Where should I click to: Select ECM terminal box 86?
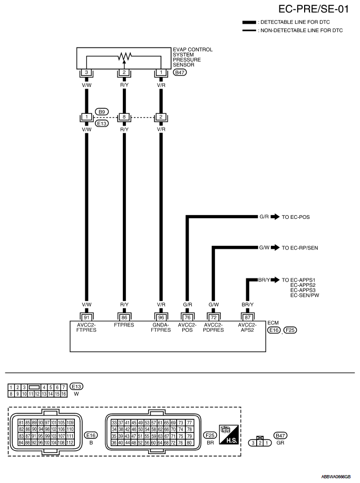[124, 317]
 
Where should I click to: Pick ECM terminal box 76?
[187, 317]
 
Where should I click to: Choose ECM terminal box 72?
[213, 317]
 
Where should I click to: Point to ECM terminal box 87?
[247, 317]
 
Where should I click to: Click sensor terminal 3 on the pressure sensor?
[86, 72]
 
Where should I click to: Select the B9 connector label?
[102, 112]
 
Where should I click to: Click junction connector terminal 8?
[124, 117]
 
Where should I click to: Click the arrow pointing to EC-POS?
[275, 216]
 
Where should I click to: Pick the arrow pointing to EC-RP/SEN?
[275, 247]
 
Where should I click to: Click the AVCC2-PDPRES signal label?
[213, 327]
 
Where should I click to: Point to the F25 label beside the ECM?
[290, 331]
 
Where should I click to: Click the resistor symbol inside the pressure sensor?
[124, 56]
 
